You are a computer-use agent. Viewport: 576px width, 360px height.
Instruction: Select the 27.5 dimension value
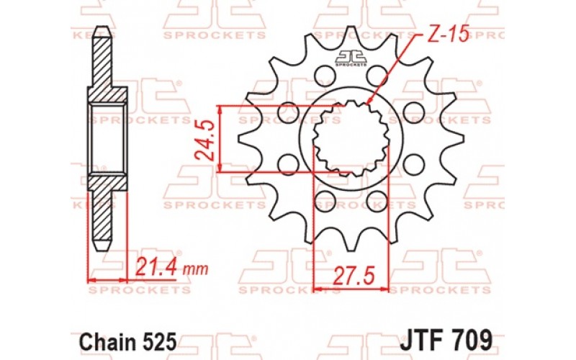tap(350, 274)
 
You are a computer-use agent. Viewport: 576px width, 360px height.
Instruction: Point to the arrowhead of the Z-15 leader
tap(368, 105)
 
